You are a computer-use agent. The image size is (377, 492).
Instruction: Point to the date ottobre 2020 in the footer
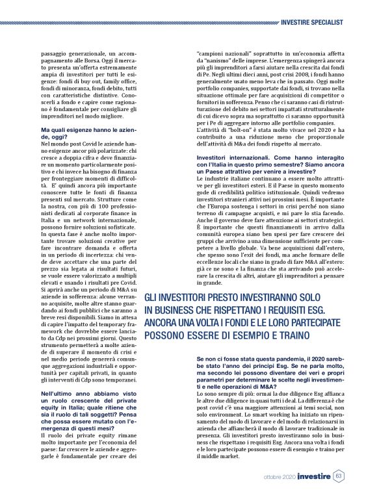(x=276, y=477)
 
